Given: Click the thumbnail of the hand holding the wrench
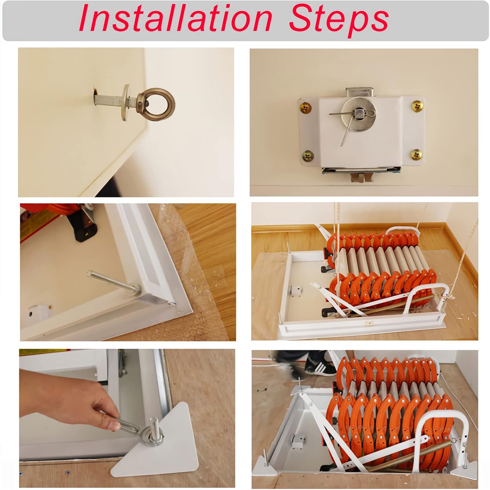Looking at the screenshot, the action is (127, 418).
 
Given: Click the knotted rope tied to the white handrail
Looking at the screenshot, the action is (450, 296).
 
